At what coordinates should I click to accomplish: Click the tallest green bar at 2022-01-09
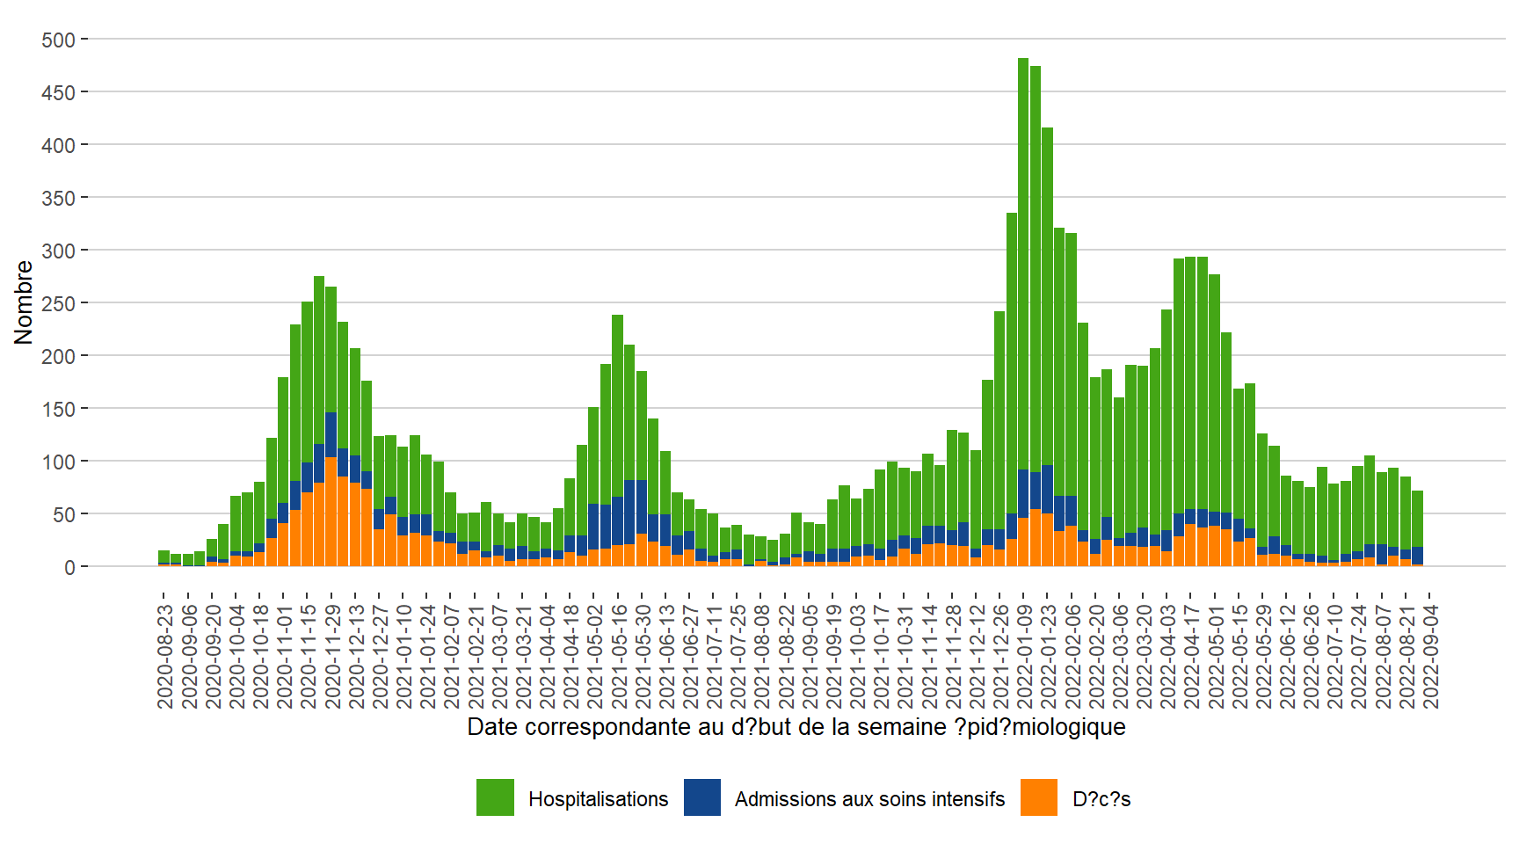1023,264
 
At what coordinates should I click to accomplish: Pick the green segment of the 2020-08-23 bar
164,557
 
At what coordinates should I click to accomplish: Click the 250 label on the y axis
58,303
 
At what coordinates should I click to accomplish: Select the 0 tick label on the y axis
69,567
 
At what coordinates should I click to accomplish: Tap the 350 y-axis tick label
58,198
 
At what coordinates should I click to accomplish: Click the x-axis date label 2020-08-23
165,655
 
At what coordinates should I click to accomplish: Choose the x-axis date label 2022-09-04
1431,655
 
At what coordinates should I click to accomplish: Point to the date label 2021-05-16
619,655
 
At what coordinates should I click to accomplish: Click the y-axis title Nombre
24,302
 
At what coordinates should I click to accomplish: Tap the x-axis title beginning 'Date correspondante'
796,727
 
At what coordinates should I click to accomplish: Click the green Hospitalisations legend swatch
495,797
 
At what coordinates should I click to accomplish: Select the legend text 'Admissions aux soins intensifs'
869,799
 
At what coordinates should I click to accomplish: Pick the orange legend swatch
1038,797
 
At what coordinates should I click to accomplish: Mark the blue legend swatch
701,797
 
